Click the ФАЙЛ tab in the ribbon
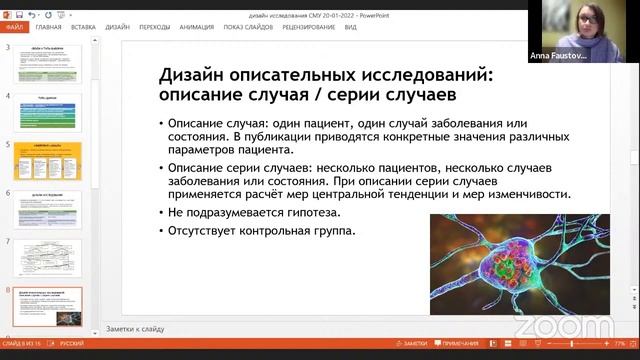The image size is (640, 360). click(x=15, y=28)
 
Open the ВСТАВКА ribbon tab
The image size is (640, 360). click(x=84, y=28)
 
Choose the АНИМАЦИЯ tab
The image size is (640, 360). click(x=197, y=28)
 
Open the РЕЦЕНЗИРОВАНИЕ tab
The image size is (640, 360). click(x=308, y=28)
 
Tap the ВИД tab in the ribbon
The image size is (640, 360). click(x=351, y=28)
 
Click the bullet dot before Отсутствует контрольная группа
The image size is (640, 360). click(x=161, y=232)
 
